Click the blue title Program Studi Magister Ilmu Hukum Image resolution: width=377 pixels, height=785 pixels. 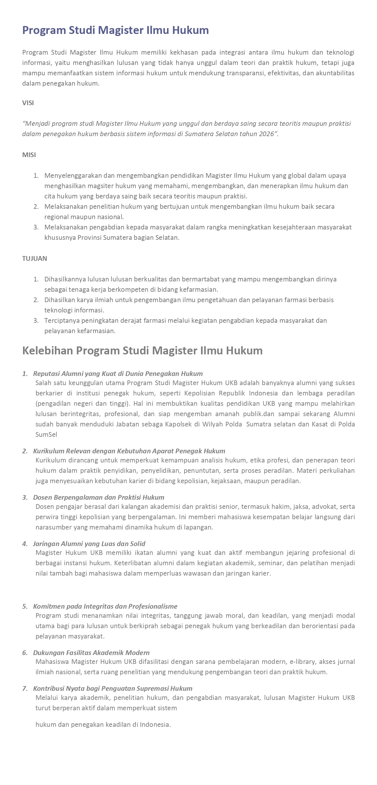115,30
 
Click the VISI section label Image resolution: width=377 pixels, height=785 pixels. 28,103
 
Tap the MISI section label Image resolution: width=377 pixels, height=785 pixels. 29,155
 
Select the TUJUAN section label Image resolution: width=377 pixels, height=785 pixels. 35,258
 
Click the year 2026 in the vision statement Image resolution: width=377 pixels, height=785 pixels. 266,134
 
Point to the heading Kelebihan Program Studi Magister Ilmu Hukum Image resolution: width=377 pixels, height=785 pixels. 142,351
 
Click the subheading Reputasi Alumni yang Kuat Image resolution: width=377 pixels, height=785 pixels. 118,374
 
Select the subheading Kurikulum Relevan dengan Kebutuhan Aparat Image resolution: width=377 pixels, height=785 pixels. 129,451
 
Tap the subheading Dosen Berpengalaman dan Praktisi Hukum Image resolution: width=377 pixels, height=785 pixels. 98,497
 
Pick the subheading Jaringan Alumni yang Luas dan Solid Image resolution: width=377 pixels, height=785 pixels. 89,544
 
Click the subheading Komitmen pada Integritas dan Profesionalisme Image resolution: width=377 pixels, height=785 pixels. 105,606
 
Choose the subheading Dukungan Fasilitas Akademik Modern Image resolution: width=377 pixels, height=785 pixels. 91,653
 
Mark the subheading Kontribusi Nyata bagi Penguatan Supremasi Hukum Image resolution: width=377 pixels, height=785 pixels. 113,689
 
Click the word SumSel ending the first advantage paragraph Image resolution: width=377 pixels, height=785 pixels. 46,434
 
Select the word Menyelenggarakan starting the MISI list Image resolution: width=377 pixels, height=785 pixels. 73,175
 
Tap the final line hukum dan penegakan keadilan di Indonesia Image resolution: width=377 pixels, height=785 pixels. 103,725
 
